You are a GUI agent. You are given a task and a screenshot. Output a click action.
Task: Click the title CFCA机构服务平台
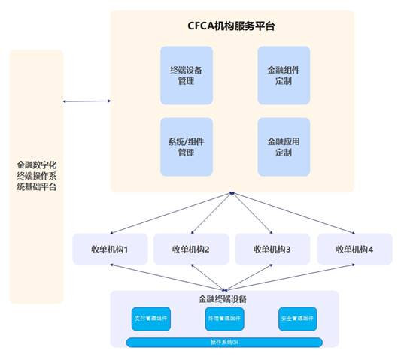[232, 26]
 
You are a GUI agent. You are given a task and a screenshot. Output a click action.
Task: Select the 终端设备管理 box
[187, 75]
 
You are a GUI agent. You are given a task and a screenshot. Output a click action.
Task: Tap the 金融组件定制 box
[284, 75]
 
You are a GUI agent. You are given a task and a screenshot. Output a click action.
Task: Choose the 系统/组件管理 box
[187, 146]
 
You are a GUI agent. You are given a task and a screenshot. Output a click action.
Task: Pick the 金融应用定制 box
[284, 146]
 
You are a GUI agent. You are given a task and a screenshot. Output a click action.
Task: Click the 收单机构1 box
[109, 249]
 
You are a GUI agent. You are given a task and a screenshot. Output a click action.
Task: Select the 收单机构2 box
[190, 249]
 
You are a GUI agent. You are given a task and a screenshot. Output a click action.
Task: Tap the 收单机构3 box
[272, 249]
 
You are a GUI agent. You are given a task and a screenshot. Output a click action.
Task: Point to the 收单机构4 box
[354, 249]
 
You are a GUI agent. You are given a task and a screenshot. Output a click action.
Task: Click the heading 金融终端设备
[223, 298]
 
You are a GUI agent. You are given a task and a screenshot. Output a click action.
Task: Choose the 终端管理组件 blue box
[223, 319]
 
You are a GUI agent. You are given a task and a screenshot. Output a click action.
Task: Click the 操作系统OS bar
[223, 342]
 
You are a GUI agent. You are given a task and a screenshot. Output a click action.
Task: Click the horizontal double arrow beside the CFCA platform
[87, 101]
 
